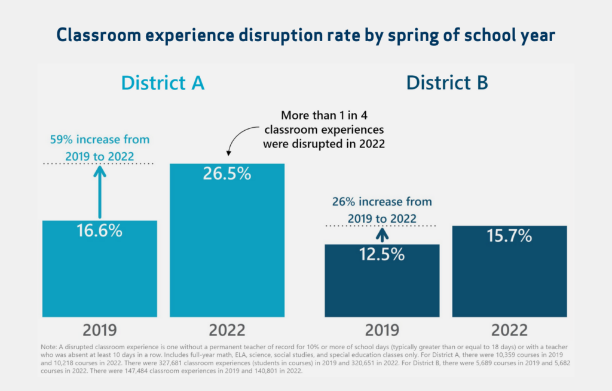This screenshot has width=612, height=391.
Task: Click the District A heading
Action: tap(163, 82)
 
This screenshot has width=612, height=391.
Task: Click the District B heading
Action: tap(447, 82)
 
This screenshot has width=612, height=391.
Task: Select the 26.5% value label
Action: tap(227, 174)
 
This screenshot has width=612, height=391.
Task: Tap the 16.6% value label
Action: tap(99, 231)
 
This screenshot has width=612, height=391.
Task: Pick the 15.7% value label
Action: tap(509, 236)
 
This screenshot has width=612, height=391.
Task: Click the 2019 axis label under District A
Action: tap(99, 330)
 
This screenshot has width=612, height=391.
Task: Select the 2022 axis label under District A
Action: tap(227, 330)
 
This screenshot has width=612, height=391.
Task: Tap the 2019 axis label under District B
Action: tap(382, 330)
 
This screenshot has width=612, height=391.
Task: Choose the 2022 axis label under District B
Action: tap(509, 330)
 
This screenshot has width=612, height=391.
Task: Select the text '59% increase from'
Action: tap(99, 140)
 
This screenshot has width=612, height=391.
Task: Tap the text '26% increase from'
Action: tap(382, 202)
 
